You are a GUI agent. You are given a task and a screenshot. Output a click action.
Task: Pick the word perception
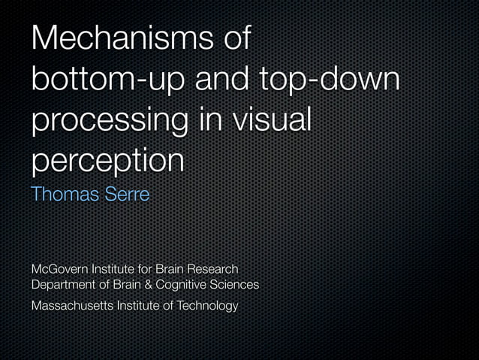(x=107, y=160)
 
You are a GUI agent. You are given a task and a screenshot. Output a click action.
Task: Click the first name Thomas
(x=63, y=194)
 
